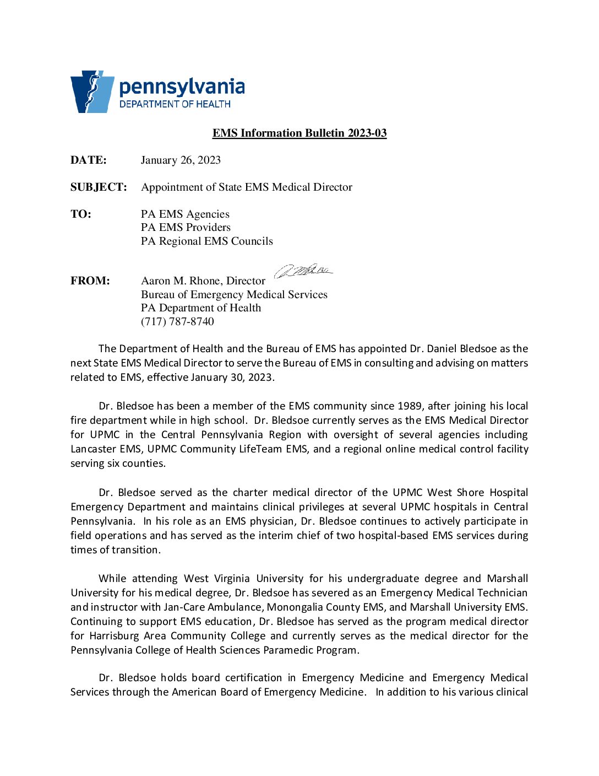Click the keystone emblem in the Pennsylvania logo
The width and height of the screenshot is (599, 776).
(x=91, y=91)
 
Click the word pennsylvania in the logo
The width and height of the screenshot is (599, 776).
(x=182, y=87)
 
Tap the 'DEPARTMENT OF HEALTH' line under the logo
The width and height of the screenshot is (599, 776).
(x=175, y=104)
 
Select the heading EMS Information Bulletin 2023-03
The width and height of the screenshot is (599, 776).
(x=299, y=133)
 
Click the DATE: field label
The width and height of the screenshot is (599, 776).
(x=89, y=160)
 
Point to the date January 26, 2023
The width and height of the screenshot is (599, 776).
(x=181, y=160)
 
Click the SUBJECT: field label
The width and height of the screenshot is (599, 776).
(x=99, y=187)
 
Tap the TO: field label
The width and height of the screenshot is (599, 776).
(x=81, y=214)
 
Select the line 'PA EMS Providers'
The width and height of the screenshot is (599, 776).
(x=186, y=228)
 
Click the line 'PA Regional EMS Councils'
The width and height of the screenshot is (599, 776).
(x=207, y=241)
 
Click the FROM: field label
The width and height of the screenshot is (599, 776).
(x=90, y=281)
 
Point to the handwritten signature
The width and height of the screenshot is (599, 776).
(x=303, y=270)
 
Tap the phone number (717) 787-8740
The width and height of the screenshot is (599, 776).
(x=177, y=322)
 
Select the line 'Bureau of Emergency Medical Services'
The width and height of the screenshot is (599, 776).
(x=234, y=295)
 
